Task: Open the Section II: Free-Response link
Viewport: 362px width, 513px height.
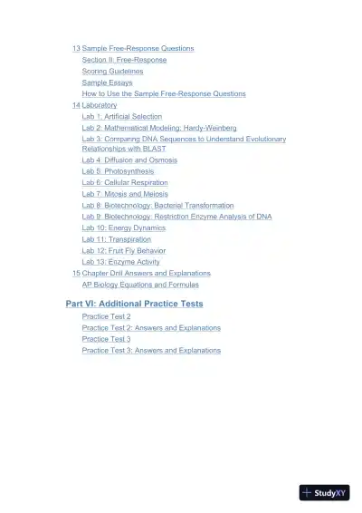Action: coord(124,60)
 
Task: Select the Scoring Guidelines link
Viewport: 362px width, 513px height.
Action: coord(112,71)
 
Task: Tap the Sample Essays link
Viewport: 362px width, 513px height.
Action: coord(107,82)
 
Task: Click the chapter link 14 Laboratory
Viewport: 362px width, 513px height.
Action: coord(95,105)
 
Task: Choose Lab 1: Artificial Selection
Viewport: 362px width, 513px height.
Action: coord(122,117)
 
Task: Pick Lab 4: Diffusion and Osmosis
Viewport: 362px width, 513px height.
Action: coord(129,160)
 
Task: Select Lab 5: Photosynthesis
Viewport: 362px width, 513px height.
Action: coord(118,171)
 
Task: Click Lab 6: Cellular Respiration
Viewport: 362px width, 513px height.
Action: coord(125,182)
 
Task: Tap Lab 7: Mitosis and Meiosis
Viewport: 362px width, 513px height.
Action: coord(125,194)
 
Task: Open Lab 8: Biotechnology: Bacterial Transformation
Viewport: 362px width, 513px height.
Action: coord(157,205)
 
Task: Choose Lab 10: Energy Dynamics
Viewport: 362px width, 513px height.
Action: coord(124,227)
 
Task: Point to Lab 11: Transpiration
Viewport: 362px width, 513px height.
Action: coord(117,239)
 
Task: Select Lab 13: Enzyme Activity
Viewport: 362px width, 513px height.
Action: coord(121,262)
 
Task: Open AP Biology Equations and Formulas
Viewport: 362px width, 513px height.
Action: coord(140,285)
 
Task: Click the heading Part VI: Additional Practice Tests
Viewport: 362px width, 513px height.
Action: coord(134,304)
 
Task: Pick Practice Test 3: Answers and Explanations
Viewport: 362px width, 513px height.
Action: coord(151,350)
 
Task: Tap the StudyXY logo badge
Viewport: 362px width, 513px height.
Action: coord(324,493)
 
